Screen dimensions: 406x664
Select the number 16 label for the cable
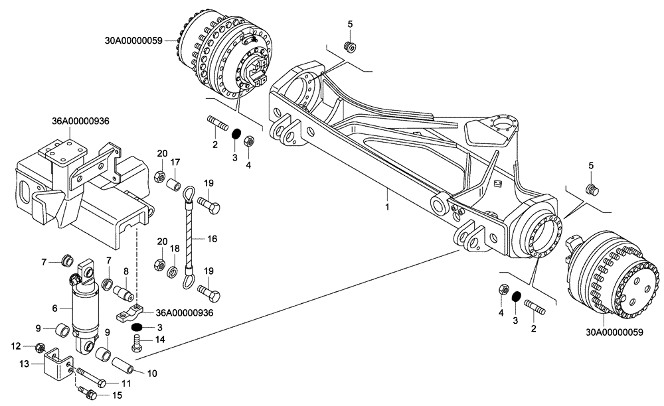tap(211, 238)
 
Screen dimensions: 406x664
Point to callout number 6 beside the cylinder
tap(56, 307)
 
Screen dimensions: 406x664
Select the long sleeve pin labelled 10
tap(124, 365)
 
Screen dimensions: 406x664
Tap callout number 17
tap(175, 162)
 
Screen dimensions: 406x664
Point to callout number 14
tap(159, 340)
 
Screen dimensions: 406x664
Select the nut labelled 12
tap(40, 348)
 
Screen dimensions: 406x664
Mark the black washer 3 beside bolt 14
tap(137, 327)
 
